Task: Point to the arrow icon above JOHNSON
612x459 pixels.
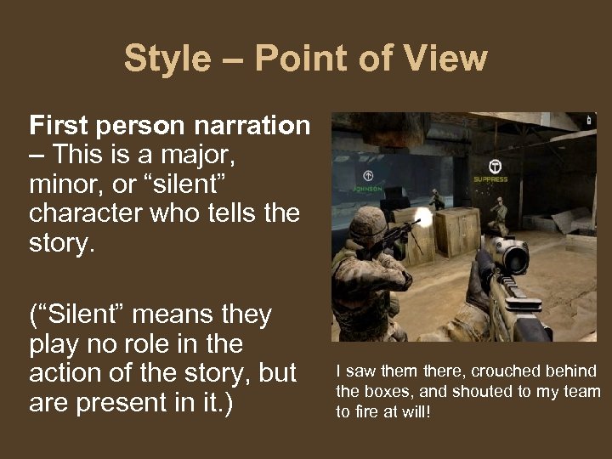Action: point(367,174)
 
